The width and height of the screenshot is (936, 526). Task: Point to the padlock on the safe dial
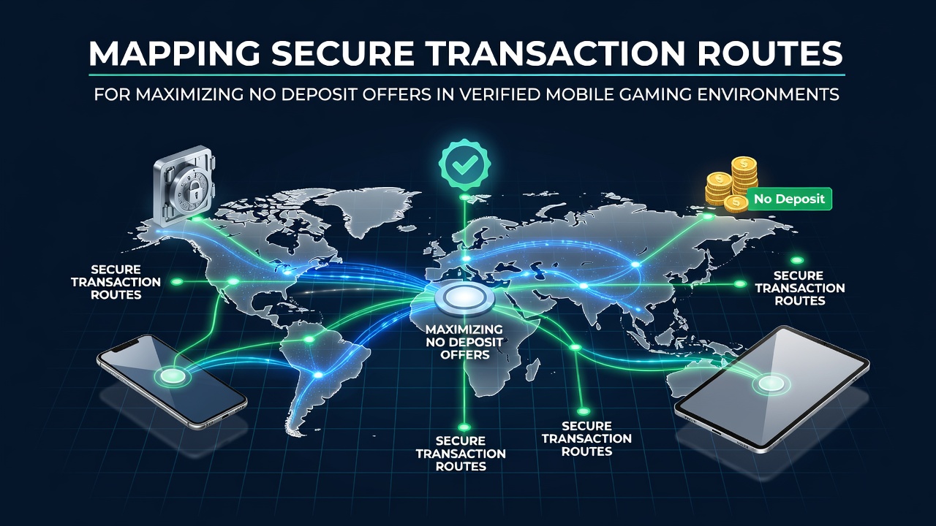click(x=192, y=190)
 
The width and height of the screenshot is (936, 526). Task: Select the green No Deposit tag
click(x=789, y=199)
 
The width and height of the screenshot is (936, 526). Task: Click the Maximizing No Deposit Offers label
click(x=464, y=342)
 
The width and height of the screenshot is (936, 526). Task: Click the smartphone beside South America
click(x=172, y=381)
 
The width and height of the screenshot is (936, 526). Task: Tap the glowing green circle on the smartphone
click(x=173, y=376)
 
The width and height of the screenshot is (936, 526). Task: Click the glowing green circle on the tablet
click(x=771, y=384)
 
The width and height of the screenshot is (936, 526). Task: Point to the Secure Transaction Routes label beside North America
click(x=116, y=282)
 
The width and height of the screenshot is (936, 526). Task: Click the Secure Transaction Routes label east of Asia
click(x=800, y=288)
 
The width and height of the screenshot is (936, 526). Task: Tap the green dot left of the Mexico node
click(x=177, y=282)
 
